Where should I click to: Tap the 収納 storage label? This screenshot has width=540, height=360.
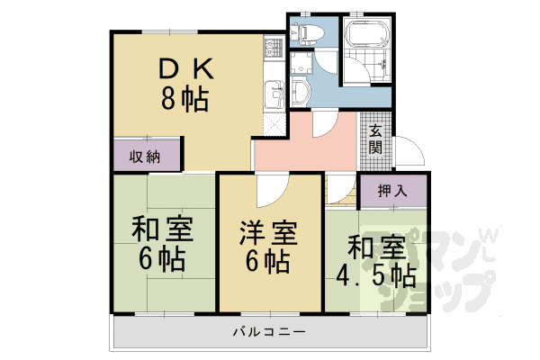[144, 157]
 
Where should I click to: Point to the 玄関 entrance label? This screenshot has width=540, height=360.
[375, 139]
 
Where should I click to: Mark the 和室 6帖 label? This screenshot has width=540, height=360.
[163, 244]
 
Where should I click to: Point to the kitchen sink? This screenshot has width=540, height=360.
[274, 91]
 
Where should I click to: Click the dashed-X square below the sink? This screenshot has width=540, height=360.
[274, 121]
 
